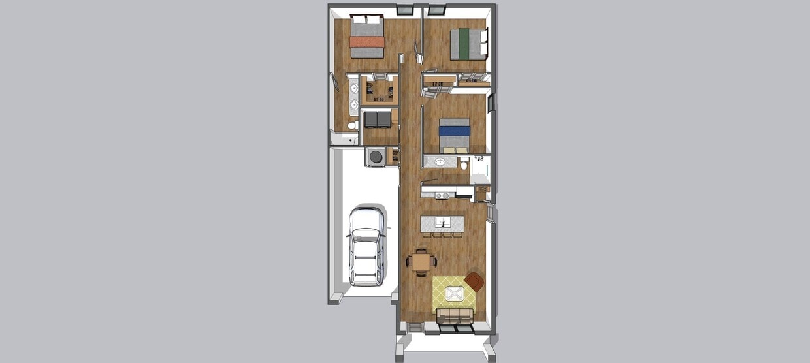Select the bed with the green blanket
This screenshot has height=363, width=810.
coord(467,44)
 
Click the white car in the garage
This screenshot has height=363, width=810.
coord(366,245)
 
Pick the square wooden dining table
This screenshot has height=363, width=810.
coord(421,261)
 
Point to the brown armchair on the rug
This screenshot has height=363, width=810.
coord(474,282)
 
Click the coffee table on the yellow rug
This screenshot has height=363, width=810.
coord(454,294)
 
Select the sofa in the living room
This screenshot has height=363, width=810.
coord(455,316)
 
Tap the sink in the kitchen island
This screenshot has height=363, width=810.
coord(443,222)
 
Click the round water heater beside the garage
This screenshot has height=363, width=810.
coord(376,157)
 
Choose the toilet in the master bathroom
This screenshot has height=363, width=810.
coord(351,125)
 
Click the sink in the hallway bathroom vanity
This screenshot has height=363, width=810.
coord(440,162)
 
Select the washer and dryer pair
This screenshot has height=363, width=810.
coord(378,119)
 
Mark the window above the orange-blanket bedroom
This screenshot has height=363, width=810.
coord(405,10)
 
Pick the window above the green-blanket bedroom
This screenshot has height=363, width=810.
coord(436,10)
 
